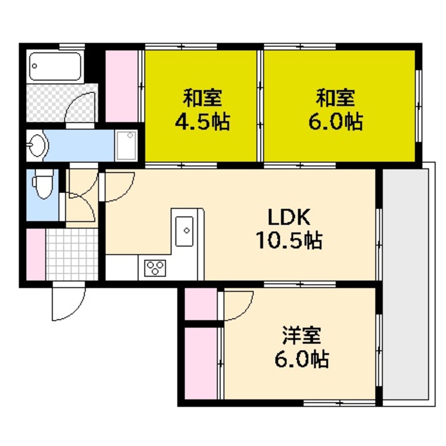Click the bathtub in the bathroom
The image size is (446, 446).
click(55, 66)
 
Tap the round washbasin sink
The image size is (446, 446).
click(37, 145)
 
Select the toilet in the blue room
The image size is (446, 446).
click(43, 184)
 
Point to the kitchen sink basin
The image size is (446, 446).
click(185, 231)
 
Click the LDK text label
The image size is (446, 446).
click(289, 218)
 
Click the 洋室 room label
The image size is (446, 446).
click(301, 336)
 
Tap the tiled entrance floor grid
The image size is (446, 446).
click(72, 254)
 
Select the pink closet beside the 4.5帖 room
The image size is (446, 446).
click(122, 87)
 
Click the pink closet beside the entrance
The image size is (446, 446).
click(36, 254)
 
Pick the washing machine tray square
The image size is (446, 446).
click(127, 145)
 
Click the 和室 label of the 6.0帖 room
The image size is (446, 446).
click(336, 98)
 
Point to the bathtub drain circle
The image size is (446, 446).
click(35, 66)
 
